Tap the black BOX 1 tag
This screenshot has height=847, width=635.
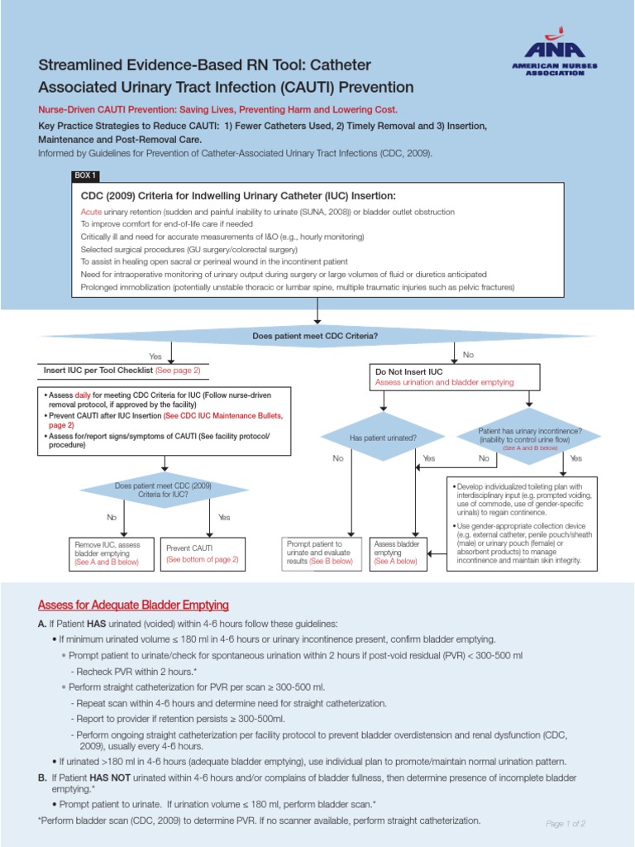pyautogui.click(x=86, y=176)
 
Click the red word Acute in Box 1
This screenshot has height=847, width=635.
pyautogui.click(x=92, y=213)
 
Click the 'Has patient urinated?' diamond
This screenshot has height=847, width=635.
pyautogui.click(x=383, y=437)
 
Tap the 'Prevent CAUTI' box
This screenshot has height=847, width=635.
pyautogui.click(x=202, y=553)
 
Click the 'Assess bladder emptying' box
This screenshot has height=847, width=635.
pyautogui.click(x=399, y=552)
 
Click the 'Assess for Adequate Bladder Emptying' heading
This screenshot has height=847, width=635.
pyautogui.click(x=133, y=605)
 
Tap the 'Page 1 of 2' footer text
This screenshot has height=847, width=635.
pyautogui.click(x=566, y=824)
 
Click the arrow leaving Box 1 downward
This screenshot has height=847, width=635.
pyautogui.click(x=317, y=313)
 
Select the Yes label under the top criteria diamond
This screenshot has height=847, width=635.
pyautogui.click(x=155, y=356)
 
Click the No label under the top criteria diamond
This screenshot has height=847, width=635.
pyautogui.click(x=468, y=355)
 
